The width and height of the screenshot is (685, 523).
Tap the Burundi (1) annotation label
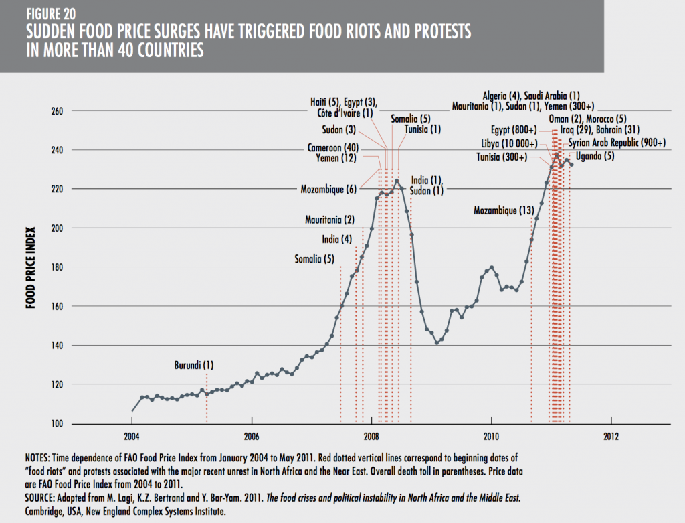coord(193,366)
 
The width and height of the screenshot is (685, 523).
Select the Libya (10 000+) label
coord(509,143)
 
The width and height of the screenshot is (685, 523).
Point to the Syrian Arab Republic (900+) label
coord(617,143)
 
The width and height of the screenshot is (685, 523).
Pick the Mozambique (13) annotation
coord(504,210)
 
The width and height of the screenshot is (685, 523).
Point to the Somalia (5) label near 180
coord(314,259)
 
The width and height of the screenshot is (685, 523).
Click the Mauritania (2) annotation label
coord(330,220)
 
